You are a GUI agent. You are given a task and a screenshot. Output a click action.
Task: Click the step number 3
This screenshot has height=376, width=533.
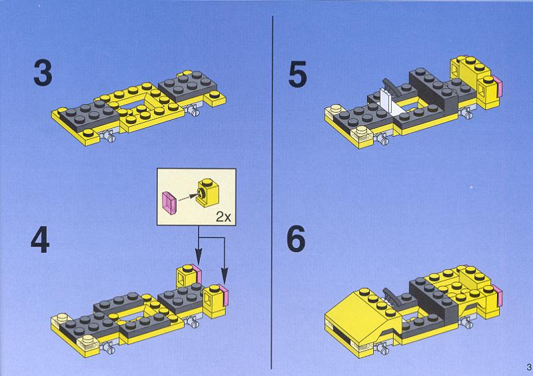pyautogui.click(x=43, y=73)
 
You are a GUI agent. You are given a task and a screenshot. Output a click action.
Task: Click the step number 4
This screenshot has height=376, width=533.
pyautogui.click(x=40, y=240)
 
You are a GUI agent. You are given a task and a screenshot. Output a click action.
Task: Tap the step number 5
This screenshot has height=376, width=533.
pyautogui.click(x=297, y=74)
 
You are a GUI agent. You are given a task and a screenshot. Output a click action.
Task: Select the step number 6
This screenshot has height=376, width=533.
pyautogui.click(x=296, y=239)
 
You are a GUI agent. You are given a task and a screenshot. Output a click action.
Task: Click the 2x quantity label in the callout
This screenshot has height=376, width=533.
pyautogui.click(x=223, y=217)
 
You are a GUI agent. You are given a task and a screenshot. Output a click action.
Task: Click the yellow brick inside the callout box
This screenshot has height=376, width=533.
pyautogui.click(x=207, y=192)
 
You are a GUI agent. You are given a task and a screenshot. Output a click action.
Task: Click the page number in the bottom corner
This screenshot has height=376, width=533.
pyautogui.click(x=529, y=367)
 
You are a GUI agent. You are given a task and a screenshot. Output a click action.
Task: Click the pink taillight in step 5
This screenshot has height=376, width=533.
pyautogui.click(x=498, y=86)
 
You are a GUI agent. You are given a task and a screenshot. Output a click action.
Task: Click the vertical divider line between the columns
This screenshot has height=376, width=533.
pyautogui.click(x=272, y=192)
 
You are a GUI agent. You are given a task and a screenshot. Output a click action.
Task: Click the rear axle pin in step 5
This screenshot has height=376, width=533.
pyautogui.click(x=466, y=113)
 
